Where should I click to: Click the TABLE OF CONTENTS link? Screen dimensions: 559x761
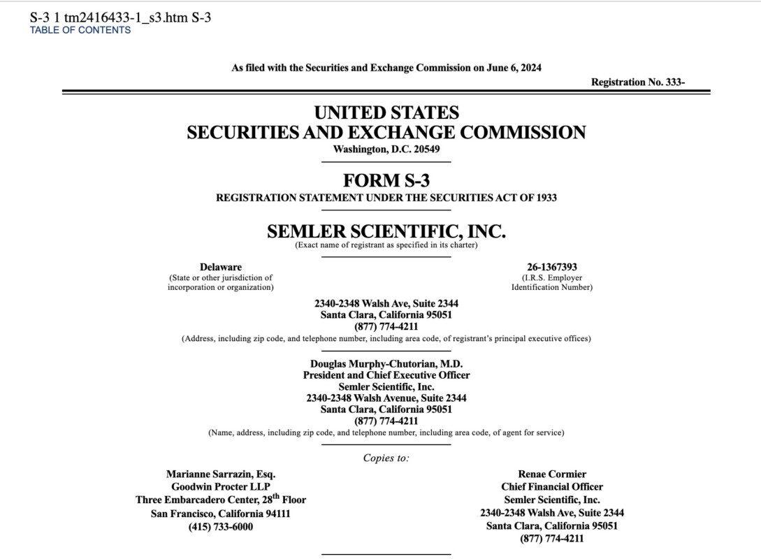[x=80, y=30]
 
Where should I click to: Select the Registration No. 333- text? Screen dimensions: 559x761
[x=637, y=82]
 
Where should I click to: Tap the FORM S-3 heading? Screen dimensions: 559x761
[x=386, y=181]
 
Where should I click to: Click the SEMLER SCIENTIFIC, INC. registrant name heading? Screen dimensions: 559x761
[x=386, y=231]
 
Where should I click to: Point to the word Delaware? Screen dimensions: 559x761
[x=221, y=267]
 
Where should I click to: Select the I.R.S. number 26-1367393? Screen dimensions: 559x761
[x=551, y=267]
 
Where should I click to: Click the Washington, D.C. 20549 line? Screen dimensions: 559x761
[x=386, y=149]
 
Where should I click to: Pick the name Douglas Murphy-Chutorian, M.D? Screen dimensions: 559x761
[x=386, y=363]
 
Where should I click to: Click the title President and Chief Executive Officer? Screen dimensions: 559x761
[x=386, y=375]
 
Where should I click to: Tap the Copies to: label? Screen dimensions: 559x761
[x=386, y=458]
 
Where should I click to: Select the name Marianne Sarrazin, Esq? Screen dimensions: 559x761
[x=221, y=474]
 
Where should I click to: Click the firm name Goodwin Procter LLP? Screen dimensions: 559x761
[x=221, y=487]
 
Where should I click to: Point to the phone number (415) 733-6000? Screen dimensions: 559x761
[x=221, y=526]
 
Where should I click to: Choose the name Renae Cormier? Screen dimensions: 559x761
[x=551, y=474]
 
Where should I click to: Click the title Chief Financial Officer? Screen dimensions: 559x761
[x=551, y=487]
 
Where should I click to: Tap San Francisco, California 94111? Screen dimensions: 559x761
[x=221, y=514]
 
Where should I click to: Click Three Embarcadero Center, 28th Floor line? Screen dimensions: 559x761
[x=221, y=500]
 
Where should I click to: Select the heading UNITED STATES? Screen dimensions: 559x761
[x=386, y=112]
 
